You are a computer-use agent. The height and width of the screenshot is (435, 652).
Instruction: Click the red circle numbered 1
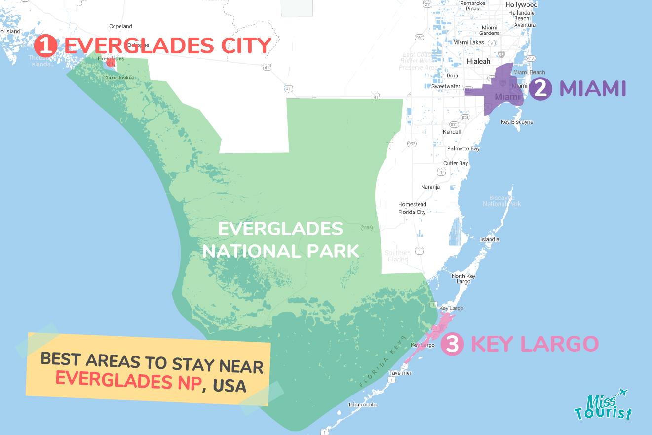45,46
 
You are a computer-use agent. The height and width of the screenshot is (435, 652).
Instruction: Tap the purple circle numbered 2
540,89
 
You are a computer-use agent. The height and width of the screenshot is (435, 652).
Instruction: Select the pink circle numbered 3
452,344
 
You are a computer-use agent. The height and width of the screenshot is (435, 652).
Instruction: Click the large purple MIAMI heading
592,89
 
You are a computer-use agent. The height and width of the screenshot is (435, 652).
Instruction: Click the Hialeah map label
479,61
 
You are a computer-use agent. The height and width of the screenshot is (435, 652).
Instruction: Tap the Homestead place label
412,204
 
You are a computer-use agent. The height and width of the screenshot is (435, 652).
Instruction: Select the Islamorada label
363,405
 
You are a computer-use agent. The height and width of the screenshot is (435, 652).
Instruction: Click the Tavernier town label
400,373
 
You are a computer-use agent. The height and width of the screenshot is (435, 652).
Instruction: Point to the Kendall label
452,132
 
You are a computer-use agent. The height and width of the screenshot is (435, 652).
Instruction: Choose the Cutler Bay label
456,163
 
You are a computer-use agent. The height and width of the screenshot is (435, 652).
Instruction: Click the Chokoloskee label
119,78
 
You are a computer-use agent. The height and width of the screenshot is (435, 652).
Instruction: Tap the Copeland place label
121,26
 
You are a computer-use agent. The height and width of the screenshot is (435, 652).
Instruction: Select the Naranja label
430,187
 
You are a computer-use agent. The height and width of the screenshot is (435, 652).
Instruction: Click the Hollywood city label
521,5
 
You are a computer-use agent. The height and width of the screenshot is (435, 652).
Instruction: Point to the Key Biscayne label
517,122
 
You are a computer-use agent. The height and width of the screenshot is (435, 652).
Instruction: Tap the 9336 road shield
366,228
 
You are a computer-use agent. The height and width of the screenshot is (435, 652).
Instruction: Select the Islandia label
490,240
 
